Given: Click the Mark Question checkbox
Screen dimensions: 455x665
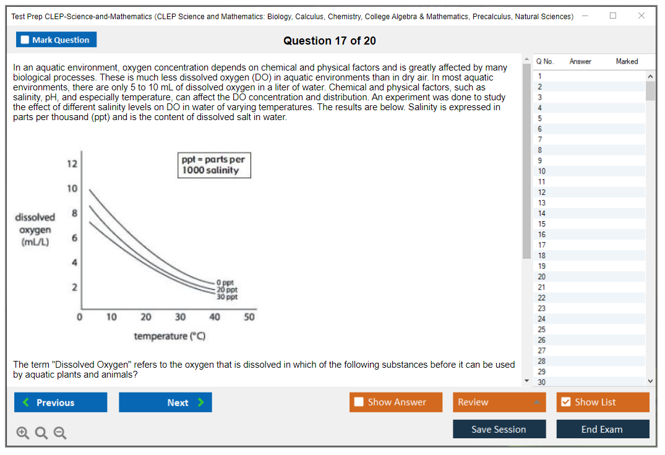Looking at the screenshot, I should pyautogui.click(x=25, y=40).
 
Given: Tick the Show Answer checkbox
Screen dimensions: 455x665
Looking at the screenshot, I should pyautogui.click(x=359, y=402).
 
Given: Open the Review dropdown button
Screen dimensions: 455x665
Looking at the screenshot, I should pyautogui.click(x=499, y=402).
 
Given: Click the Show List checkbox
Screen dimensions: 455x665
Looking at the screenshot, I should pyautogui.click(x=565, y=402).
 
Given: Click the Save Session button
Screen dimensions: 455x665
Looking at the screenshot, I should pyautogui.click(x=499, y=429).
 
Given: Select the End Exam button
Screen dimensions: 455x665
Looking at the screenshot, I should pyautogui.click(x=602, y=429).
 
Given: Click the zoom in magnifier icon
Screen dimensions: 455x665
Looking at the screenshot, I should pyautogui.click(x=23, y=433).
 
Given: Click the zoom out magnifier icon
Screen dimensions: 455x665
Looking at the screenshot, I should pyautogui.click(x=60, y=433).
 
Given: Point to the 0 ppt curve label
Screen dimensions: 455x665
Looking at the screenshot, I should pyautogui.click(x=225, y=283).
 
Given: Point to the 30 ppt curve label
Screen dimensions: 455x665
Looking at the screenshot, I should pyautogui.click(x=227, y=297).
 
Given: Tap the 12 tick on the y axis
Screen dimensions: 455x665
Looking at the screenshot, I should pyautogui.click(x=72, y=164).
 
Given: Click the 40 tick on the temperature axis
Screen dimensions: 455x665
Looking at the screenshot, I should pyautogui.click(x=215, y=317).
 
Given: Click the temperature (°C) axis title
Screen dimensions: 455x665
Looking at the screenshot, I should pyautogui.click(x=169, y=336).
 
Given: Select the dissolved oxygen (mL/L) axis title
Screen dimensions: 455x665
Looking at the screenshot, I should pyautogui.click(x=35, y=230).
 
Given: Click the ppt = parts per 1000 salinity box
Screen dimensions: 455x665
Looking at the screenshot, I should pyautogui.click(x=214, y=165).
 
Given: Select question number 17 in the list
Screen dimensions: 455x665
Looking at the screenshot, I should pyautogui.click(x=542, y=245).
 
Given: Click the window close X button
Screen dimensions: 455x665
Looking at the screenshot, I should pyautogui.click(x=641, y=15).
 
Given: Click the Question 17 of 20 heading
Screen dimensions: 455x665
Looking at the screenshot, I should pyautogui.click(x=329, y=41).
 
